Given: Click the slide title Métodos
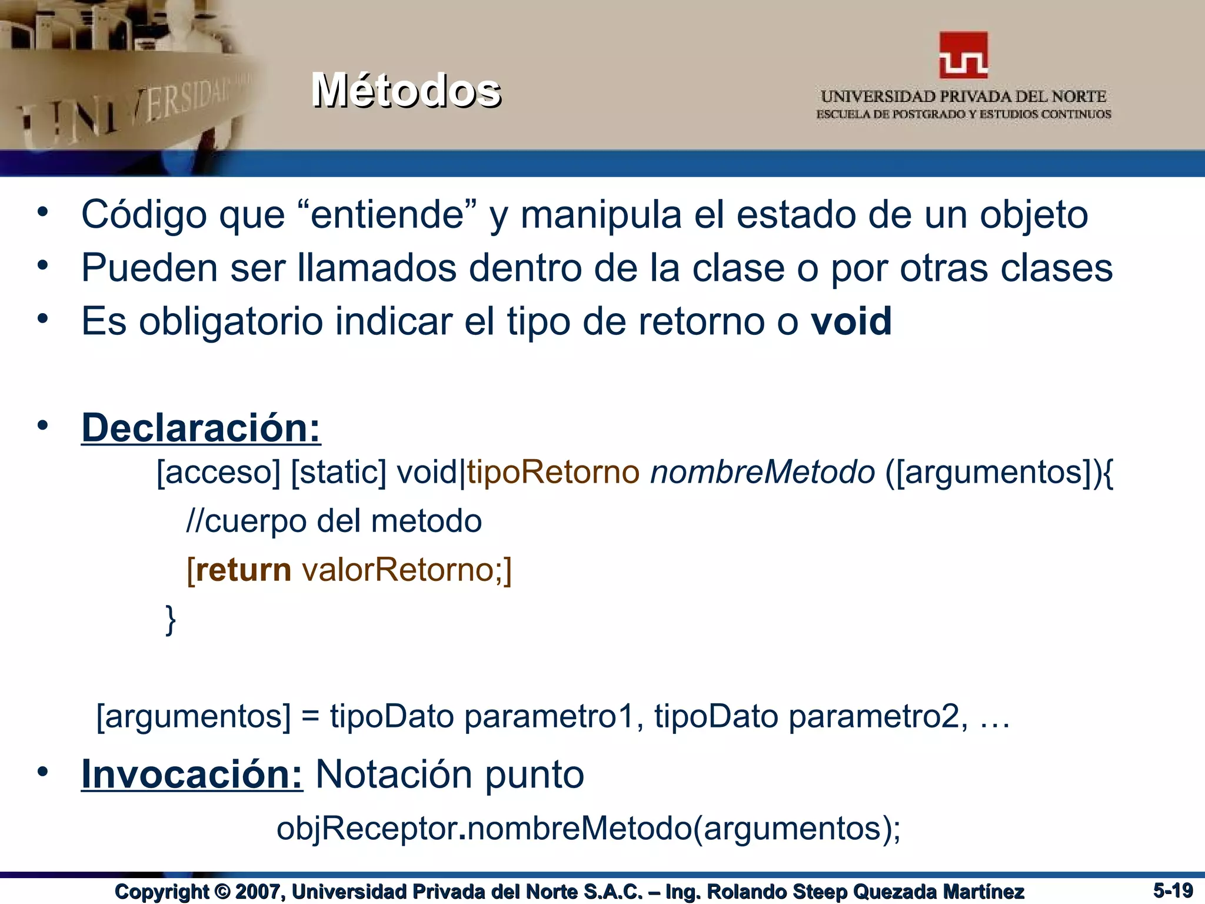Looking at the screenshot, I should [406, 91].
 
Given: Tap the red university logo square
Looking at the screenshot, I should [963, 55].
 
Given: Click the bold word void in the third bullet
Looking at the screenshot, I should [851, 321].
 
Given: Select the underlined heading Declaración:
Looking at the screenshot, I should [201, 428].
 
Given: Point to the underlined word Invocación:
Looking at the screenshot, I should [192, 774].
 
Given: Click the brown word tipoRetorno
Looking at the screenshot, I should [553, 472].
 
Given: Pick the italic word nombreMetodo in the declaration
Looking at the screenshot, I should [763, 472].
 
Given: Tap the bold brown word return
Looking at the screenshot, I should [243, 570].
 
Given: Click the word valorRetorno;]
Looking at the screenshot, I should [407, 570].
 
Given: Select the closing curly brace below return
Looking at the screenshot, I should [171, 619].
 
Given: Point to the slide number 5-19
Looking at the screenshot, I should [1173, 890].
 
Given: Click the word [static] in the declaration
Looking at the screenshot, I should [339, 472].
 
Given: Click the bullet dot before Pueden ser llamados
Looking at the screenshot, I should [42, 266].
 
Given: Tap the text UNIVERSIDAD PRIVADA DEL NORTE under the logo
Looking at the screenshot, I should [963, 97].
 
